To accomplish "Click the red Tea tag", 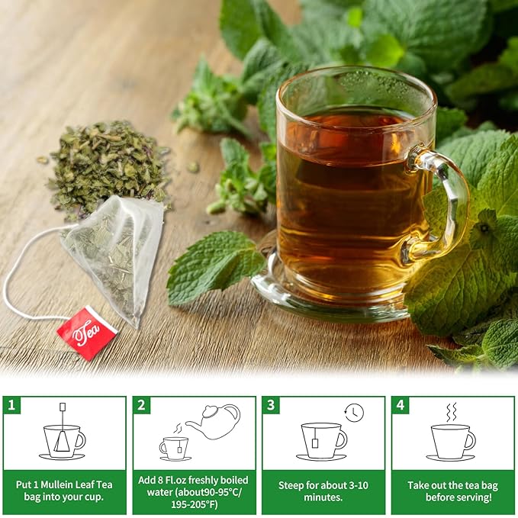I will click(86, 332).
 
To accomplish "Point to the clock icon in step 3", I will click(354, 413).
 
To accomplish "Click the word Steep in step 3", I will click(289, 484).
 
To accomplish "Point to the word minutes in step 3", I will click(323, 496).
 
